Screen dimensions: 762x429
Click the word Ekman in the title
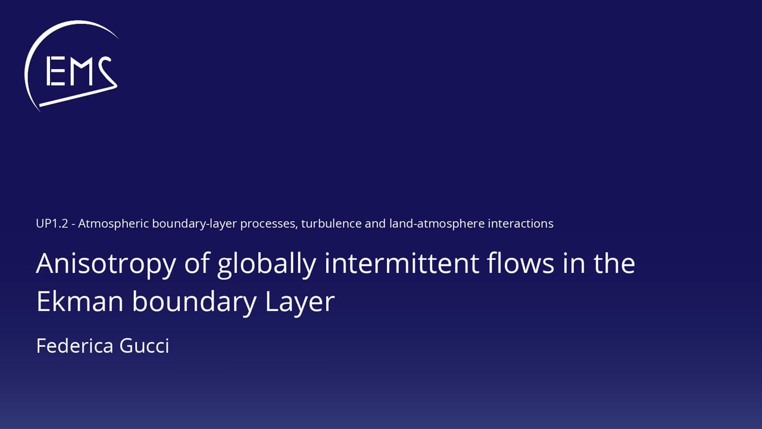click(x=80, y=301)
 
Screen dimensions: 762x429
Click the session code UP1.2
click(x=52, y=223)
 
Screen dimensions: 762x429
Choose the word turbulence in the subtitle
click(x=331, y=223)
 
